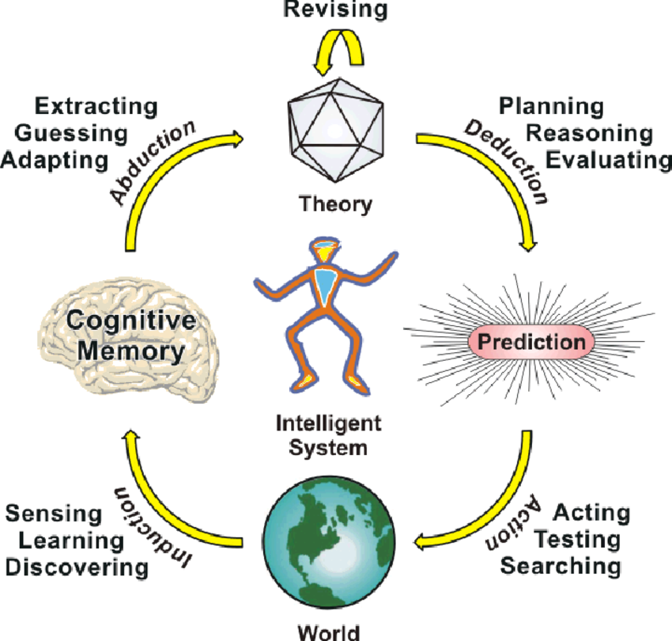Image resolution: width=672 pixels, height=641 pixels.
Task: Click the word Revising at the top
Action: click(x=335, y=9)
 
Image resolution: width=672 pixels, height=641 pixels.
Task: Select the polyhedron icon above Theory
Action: click(x=335, y=130)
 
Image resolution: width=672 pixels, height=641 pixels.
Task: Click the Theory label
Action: click(x=335, y=204)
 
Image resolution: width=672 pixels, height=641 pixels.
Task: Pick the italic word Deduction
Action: click(x=507, y=161)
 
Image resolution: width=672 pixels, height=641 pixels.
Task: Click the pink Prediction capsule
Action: click(x=531, y=342)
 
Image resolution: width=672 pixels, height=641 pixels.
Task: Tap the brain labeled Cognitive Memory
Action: click(x=130, y=338)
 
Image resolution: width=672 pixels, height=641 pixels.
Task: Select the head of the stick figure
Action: click(x=326, y=249)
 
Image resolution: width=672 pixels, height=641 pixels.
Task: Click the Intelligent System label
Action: click(x=328, y=435)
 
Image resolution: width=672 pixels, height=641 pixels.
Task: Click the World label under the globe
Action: click(x=329, y=633)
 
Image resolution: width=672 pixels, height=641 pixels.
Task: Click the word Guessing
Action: click(x=71, y=134)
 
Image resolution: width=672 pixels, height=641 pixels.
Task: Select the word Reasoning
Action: click(x=589, y=134)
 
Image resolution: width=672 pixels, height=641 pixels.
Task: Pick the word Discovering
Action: click(x=77, y=567)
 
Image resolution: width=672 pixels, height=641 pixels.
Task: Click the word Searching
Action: click(x=561, y=567)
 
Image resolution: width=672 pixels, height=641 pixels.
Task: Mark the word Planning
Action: click(x=552, y=107)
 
